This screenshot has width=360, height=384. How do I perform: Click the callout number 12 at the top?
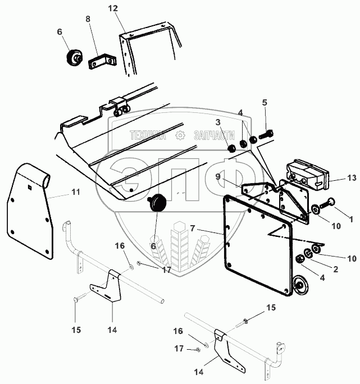click(113, 8)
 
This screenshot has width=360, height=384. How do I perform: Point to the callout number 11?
click(75, 192)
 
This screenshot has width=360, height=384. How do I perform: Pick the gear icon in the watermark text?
click(180, 135)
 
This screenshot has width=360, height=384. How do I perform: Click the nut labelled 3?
click(230, 148)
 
